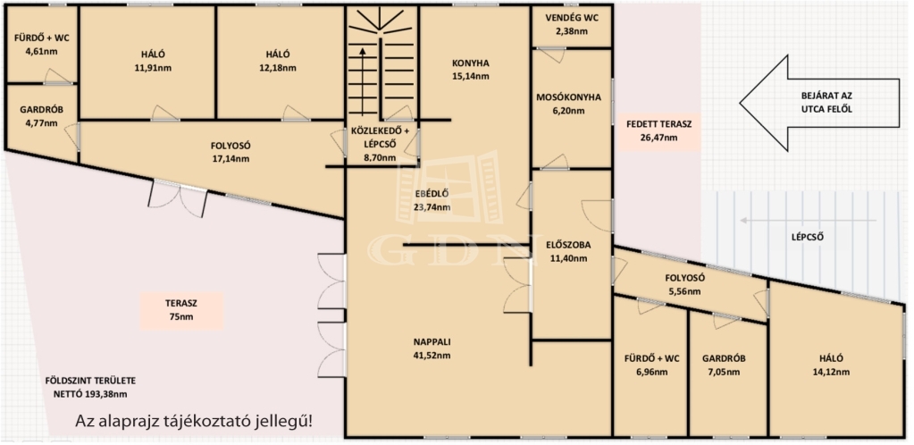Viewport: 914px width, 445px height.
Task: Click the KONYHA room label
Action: [x=470, y=63]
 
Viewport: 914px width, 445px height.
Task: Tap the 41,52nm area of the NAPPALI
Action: [x=432, y=356]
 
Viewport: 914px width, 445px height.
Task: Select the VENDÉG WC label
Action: [x=572, y=19]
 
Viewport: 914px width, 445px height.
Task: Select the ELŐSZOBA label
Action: [x=568, y=245]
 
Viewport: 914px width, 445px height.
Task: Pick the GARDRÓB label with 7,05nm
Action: [x=724, y=357]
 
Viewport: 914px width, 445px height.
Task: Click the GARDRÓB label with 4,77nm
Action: [x=41, y=111]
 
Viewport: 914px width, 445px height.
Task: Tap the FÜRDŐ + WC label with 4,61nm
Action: [x=40, y=38]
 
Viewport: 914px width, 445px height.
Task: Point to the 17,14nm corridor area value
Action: [x=230, y=158]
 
